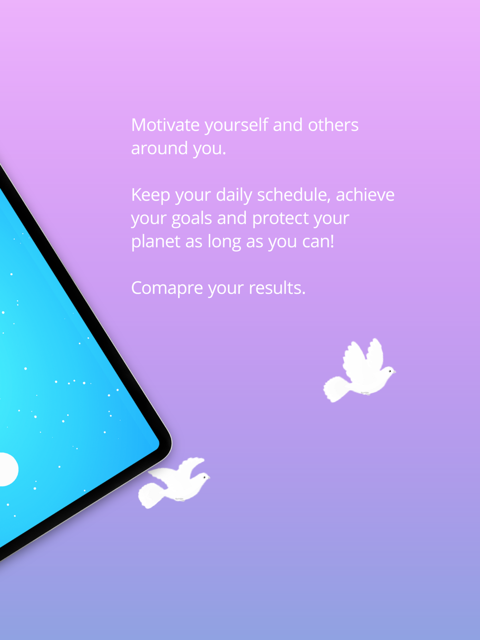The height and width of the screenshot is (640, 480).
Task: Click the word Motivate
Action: (x=165, y=125)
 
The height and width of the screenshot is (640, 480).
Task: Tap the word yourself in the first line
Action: (x=236, y=126)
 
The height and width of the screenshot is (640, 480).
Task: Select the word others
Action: (x=333, y=125)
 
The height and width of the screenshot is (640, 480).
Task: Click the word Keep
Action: (x=151, y=195)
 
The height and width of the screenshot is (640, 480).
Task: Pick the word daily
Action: (x=234, y=195)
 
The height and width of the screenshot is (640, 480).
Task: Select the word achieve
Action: (x=365, y=195)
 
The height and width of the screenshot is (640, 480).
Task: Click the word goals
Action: (x=192, y=219)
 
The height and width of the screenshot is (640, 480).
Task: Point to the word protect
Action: (x=280, y=219)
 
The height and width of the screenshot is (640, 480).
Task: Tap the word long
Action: (x=224, y=242)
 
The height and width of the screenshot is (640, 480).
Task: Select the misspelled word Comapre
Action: (x=167, y=289)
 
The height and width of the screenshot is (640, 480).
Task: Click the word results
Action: (x=277, y=288)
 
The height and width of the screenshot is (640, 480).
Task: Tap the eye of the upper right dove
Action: (x=390, y=371)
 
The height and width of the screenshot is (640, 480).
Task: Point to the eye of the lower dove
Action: (x=204, y=477)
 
